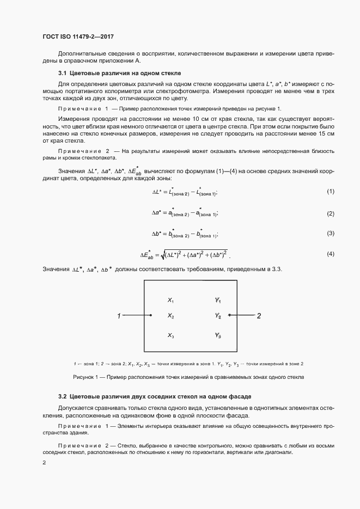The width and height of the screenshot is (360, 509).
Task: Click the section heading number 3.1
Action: coord(62,73)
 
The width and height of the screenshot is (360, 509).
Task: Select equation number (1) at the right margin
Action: coord(330,192)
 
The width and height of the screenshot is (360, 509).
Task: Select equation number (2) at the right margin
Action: coord(330,213)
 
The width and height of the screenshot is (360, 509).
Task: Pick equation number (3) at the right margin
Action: coord(330,234)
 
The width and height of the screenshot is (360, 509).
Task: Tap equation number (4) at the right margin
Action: coord(330,254)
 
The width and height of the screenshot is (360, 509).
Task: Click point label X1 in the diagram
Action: coord(170,300)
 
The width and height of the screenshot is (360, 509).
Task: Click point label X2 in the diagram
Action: coord(170,316)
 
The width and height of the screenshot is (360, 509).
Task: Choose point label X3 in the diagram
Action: coord(170,336)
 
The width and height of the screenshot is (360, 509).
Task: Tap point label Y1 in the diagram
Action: coord(218,300)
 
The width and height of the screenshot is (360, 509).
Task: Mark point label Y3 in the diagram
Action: coord(218,336)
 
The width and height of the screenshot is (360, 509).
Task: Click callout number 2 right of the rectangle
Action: coord(259,316)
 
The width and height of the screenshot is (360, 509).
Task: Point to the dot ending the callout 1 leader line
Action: coord(151,315)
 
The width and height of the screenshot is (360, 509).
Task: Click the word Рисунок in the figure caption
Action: coord(83,377)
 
